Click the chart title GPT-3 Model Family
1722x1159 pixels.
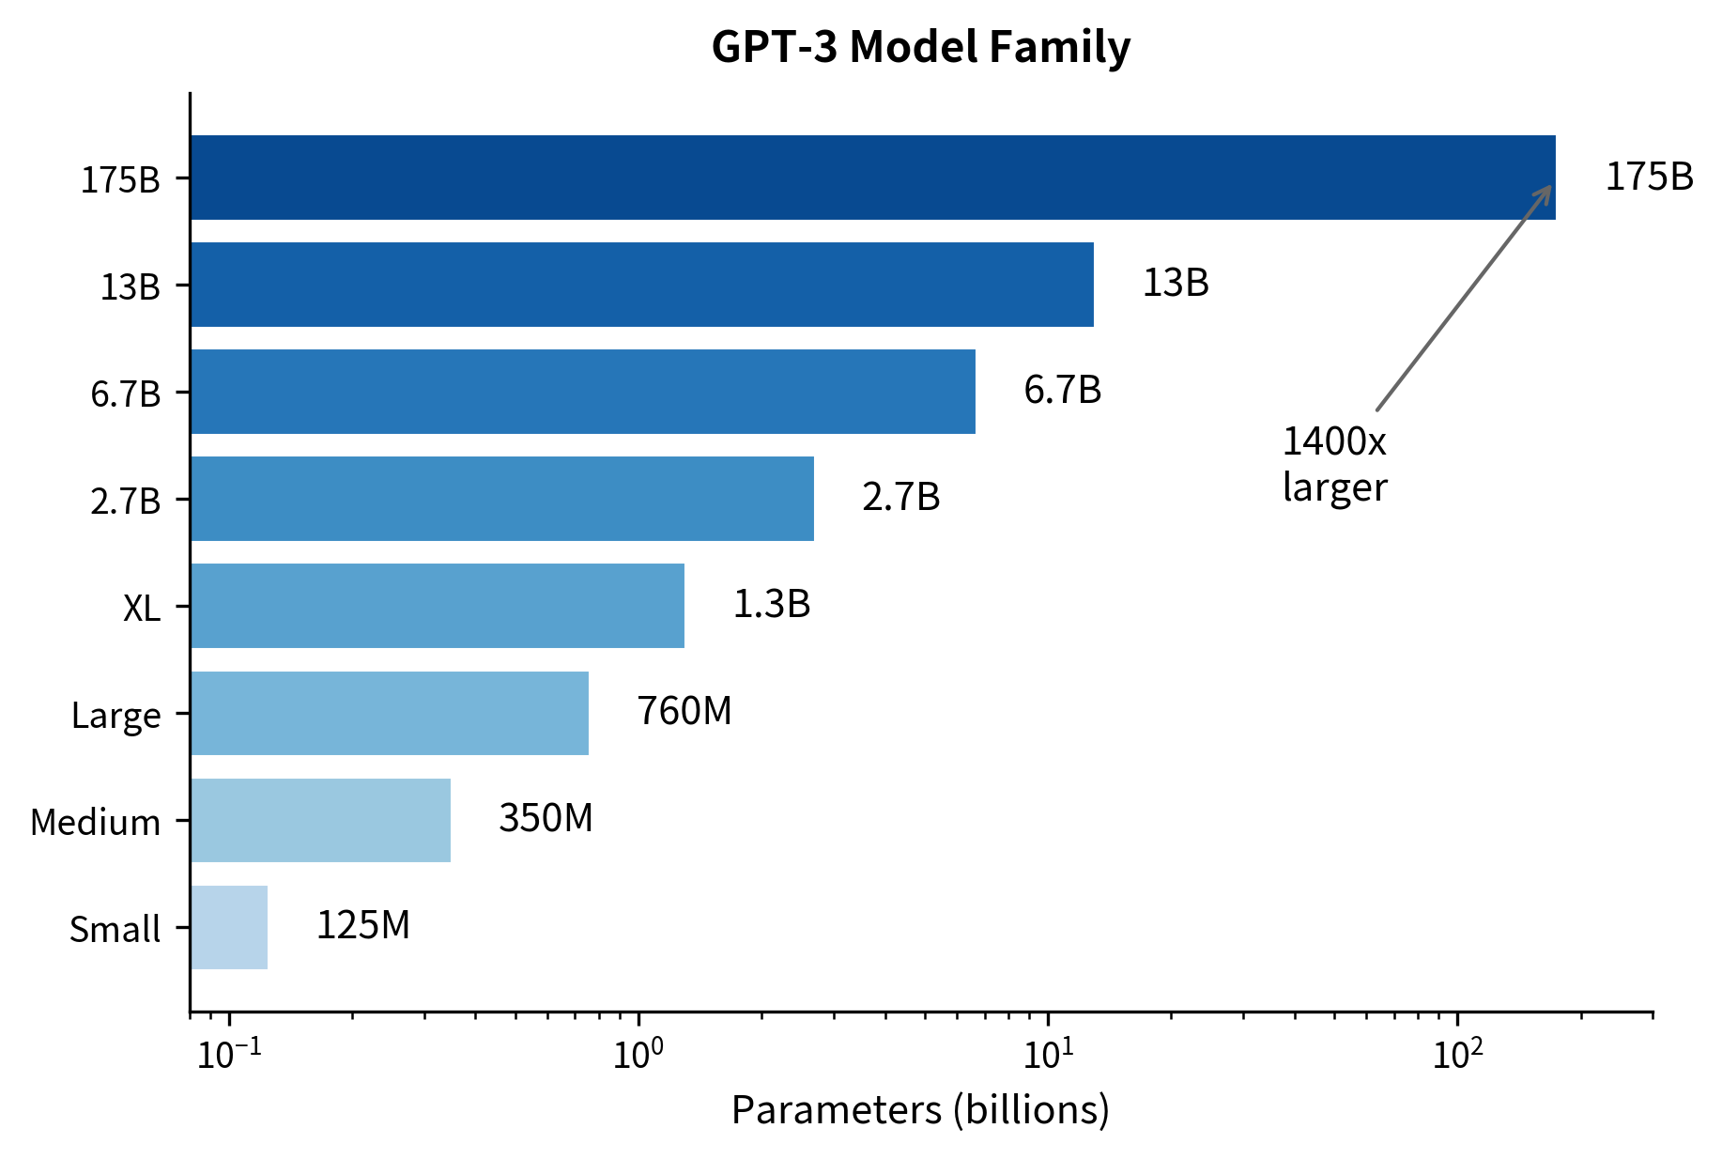pyautogui.click(x=920, y=47)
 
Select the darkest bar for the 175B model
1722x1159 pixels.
pyautogui.click(x=872, y=178)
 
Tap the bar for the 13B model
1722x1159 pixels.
pyautogui.click(x=641, y=285)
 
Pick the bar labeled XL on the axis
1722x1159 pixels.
pyautogui.click(x=437, y=606)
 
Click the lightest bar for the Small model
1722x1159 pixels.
pyautogui.click(x=229, y=927)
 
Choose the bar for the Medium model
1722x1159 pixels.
pyautogui.click(x=320, y=820)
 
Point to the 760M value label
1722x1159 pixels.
pyautogui.click(x=684, y=711)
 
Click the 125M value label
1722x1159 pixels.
pyautogui.click(x=362, y=925)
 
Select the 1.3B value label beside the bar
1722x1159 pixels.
pyautogui.click(x=771, y=604)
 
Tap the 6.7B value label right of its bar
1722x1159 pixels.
pyautogui.click(x=1062, y=390)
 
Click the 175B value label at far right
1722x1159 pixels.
pyautogui.click(x=1649, y=177)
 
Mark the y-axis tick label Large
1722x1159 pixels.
pyautogui.click(x=116, y=716)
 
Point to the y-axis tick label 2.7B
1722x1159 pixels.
pyautogui.click(x=126, y=502)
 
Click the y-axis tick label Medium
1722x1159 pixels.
pyautogui.click(x=96, y=823)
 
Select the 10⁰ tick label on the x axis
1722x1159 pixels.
pyautogui.click(x=638, y=1054)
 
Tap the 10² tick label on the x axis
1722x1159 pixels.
pyautogui.click(x=1457, y=1054)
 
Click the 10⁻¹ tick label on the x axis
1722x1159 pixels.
pyautogui.click(x=229, y=1054)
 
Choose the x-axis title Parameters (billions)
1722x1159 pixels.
pyautogui.click(x=920, y=1110)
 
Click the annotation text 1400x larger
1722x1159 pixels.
pyautogui.click(x=1334, y=464)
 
